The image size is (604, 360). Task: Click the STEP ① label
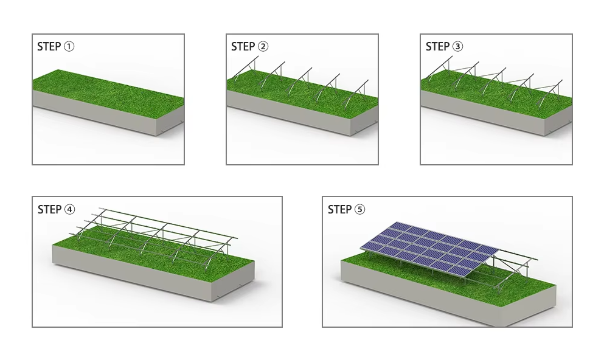55,47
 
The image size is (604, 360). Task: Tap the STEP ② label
249,47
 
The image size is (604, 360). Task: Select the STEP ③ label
444,47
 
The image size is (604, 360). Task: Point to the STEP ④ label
56,210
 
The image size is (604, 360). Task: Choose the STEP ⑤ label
346,210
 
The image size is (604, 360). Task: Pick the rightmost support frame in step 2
358,91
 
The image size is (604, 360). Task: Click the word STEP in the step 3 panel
437,47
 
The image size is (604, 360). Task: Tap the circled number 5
360,210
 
